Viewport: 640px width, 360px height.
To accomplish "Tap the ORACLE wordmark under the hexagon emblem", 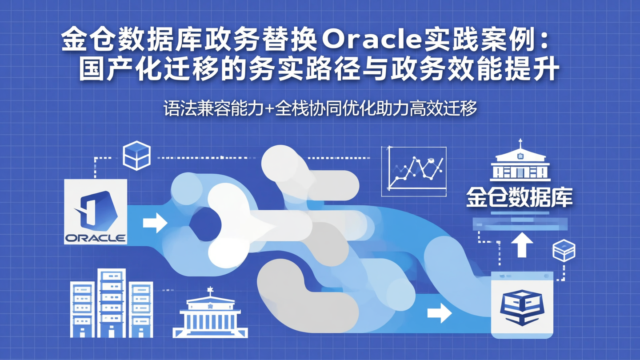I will pyautogui.click(x=96, y=238).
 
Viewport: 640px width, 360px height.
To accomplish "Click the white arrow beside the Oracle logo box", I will pyautogui.click(x=155, y=222).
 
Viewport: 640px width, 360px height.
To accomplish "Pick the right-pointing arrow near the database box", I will pyautogui.click(x=439, y=313).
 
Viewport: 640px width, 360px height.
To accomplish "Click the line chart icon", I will pyautogui.click(x=414, y=171).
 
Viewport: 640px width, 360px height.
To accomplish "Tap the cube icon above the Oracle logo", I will pyautogui.click(x=136, y=155).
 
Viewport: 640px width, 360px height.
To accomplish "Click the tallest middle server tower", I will pyautogui.click(x=112, y=303).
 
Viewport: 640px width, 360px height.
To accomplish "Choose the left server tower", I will pyautogui.click(x=82, y=309).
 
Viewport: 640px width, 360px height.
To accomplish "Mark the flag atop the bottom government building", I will pyautogui.click(x=210, y=290).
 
